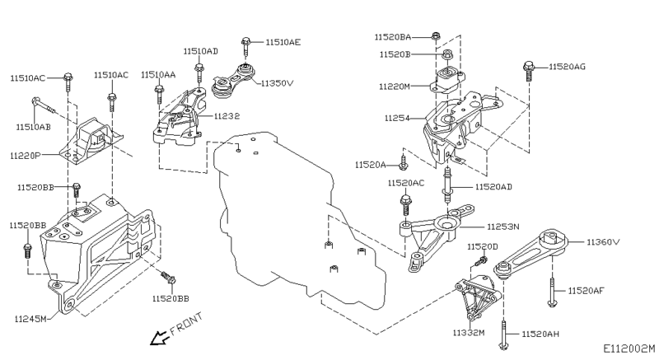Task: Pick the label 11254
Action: coord(396,119)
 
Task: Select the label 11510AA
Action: coord(158,75)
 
